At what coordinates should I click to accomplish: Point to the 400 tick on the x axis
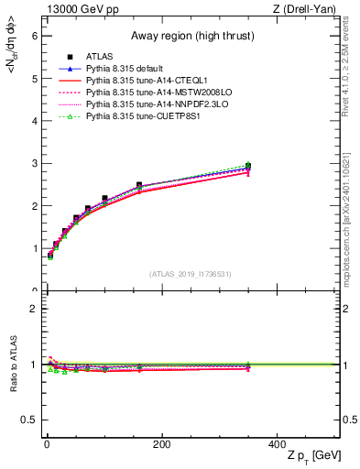(x=278, y=444)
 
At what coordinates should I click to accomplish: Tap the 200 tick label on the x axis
(x=162, y=444)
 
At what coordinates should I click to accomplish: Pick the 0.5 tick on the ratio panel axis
(x=31, y=420)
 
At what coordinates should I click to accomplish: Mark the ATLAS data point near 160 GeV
(x=139, y=185)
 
